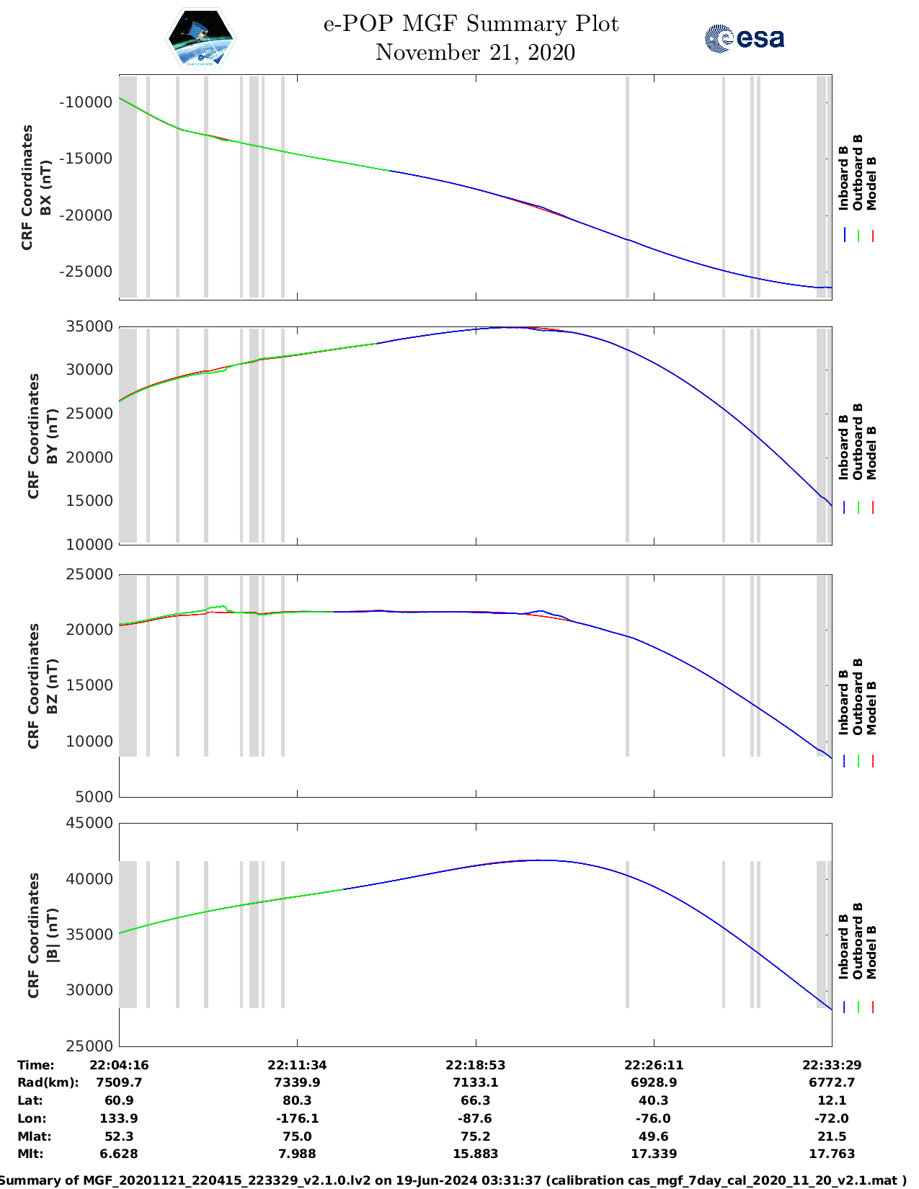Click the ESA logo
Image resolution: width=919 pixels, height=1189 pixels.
745,38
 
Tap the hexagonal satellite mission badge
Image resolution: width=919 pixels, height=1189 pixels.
200,39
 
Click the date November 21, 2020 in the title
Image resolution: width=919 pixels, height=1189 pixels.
475,53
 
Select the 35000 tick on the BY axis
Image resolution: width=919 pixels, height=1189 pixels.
89,326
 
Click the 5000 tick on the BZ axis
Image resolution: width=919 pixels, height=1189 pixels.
94,797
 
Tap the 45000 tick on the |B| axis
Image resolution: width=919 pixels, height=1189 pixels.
89,823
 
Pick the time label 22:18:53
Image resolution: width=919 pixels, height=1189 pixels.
475,1065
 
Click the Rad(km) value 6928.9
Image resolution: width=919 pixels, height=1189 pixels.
653,1082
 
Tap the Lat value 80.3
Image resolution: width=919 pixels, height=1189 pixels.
297,1100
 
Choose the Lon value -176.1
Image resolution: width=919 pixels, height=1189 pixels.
297,1118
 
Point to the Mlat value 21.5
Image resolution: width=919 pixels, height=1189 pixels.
832,1136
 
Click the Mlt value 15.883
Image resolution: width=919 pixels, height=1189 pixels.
475,1154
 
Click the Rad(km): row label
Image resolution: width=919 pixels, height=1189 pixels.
48,1082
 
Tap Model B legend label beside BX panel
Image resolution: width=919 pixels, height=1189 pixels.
871,183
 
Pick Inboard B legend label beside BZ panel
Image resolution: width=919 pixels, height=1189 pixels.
843,702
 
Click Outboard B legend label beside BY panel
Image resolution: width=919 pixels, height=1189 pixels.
858,441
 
